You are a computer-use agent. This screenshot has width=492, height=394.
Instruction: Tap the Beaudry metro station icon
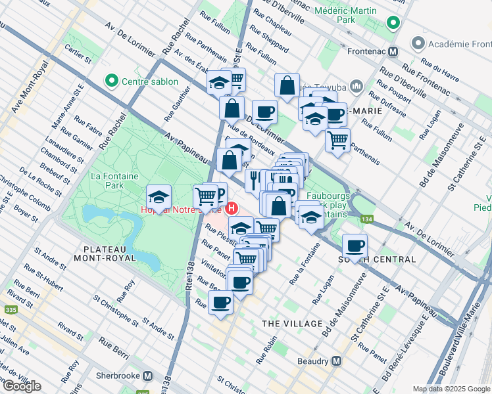tap(336, 361)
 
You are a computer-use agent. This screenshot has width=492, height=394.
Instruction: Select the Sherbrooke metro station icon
tap(148, 376)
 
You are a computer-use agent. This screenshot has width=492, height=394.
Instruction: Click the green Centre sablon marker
tap(111, 82)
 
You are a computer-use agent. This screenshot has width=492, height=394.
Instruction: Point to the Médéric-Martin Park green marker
tap(393, 24)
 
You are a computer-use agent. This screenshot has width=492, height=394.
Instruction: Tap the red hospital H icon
tap(232, 209)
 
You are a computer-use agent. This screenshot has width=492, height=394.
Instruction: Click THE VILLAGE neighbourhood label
tap(292, 324)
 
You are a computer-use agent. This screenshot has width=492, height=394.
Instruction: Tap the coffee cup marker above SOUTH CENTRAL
tap(355, 246)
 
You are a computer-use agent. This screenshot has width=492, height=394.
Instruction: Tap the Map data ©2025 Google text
tap(451, 389)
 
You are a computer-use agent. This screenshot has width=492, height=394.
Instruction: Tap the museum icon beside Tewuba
tap(357, 86)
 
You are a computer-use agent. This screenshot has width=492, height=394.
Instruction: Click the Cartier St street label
tap(78, 55)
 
